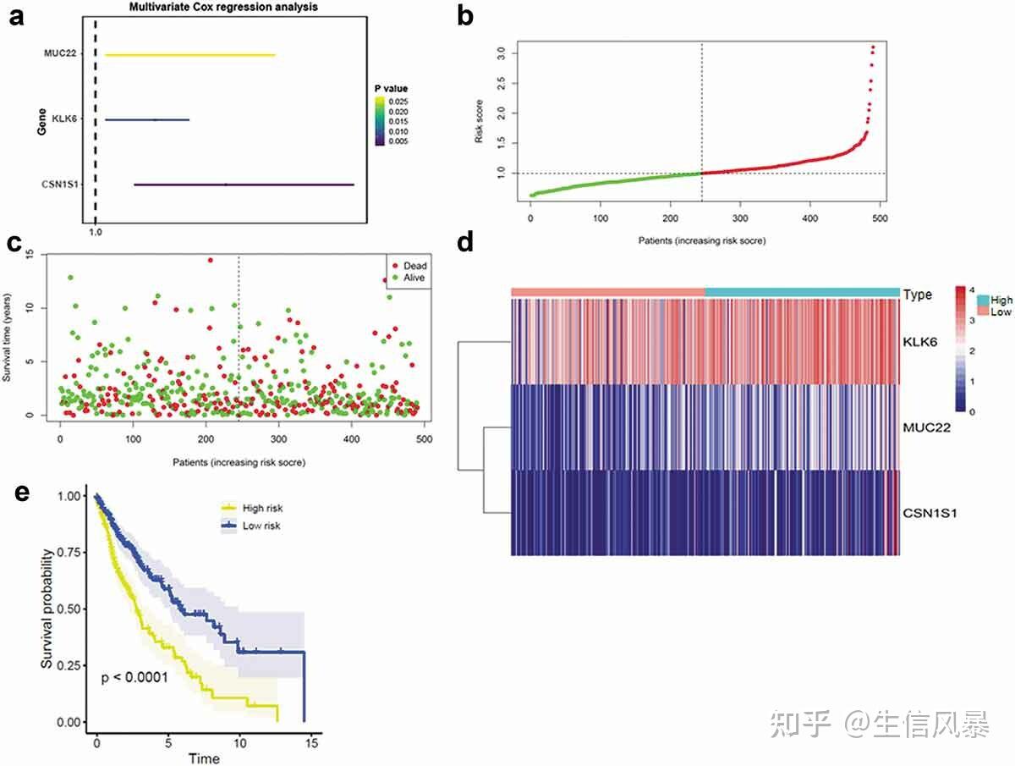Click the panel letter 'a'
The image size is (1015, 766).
coord(16,17)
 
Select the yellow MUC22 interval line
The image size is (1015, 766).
coord(189,55)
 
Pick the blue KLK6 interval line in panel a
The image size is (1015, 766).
coord(147,119)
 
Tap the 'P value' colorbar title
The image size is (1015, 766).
coord(392,89)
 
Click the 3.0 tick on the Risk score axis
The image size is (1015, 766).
coord(502,52)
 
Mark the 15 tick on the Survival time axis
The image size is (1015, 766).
coord(30,255)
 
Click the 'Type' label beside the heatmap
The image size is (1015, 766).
coord(918,295)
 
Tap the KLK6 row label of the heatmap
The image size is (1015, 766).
coord(919,342)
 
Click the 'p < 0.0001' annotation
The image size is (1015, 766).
coord(134,677)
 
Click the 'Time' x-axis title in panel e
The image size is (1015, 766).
coord(203,758)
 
